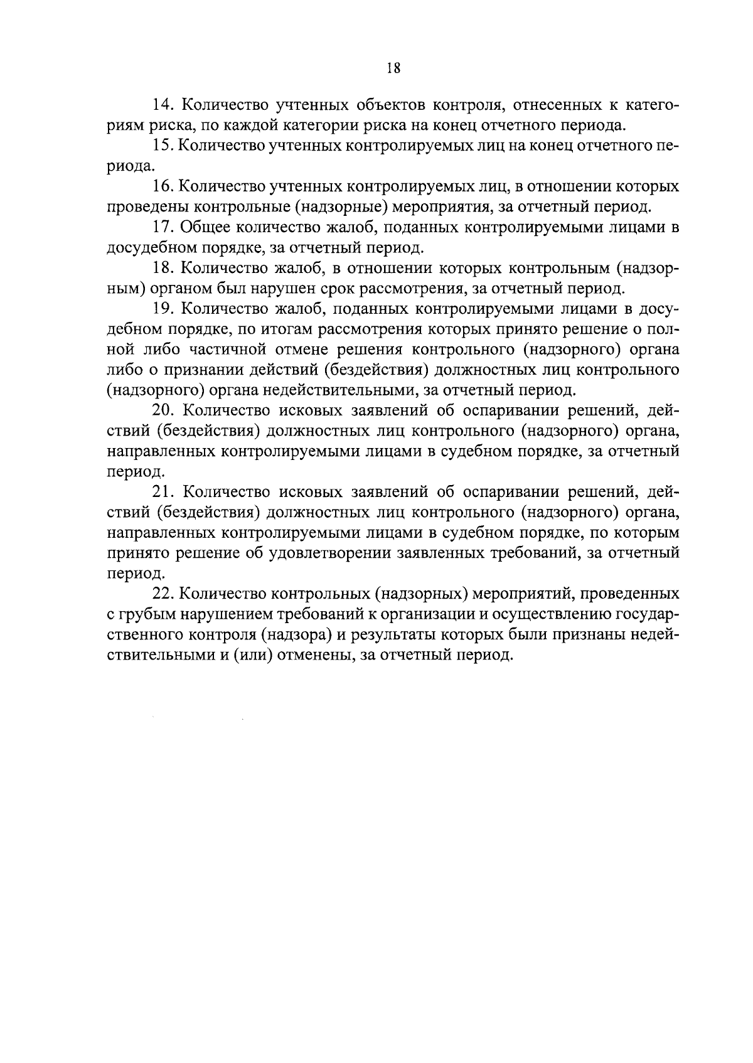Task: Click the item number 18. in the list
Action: point(165,268)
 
